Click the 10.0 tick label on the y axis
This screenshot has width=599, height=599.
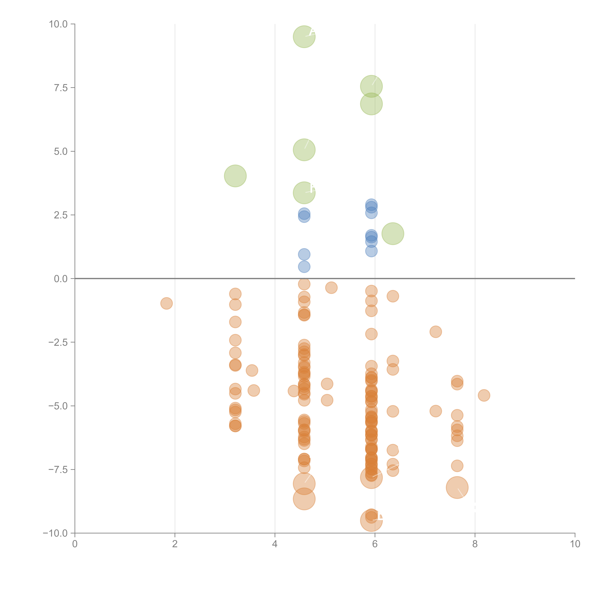pyautogui.click(x=58, y=24)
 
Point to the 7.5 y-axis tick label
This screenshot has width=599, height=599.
pyautogui.click(x=61, y=88)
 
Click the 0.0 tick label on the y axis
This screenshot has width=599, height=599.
pyautogui.click(x=61, y=279)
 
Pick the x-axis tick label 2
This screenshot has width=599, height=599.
pyautogui.click(x=175, y=544)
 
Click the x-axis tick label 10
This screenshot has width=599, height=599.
pyautogui.click(x=575, y=544)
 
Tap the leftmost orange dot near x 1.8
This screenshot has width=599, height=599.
pyautogui.click(x=167, y=303)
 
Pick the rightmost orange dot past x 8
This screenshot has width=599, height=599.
pyautogui.click(x=484, y=395)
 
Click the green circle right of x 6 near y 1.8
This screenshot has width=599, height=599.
pyautogui.click(x=393, y=234)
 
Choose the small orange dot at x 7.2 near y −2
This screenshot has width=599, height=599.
pyautogui.click(x=436, y=332)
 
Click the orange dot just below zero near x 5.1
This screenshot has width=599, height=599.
pyautogui.click(x=331, y=288)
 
